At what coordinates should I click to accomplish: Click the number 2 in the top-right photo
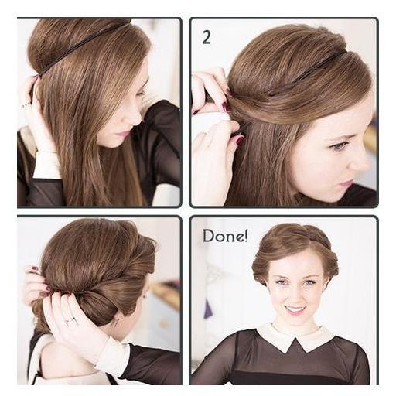(207, 38)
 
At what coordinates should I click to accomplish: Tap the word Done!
(225, 236)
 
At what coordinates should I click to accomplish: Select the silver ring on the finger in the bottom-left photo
(70, 320)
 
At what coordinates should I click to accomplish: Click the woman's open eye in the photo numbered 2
(338, 146)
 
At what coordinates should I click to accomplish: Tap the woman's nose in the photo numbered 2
(361, 161)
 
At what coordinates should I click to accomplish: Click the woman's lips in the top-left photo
(121, 134)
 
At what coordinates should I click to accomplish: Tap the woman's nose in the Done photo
(294, 292)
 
